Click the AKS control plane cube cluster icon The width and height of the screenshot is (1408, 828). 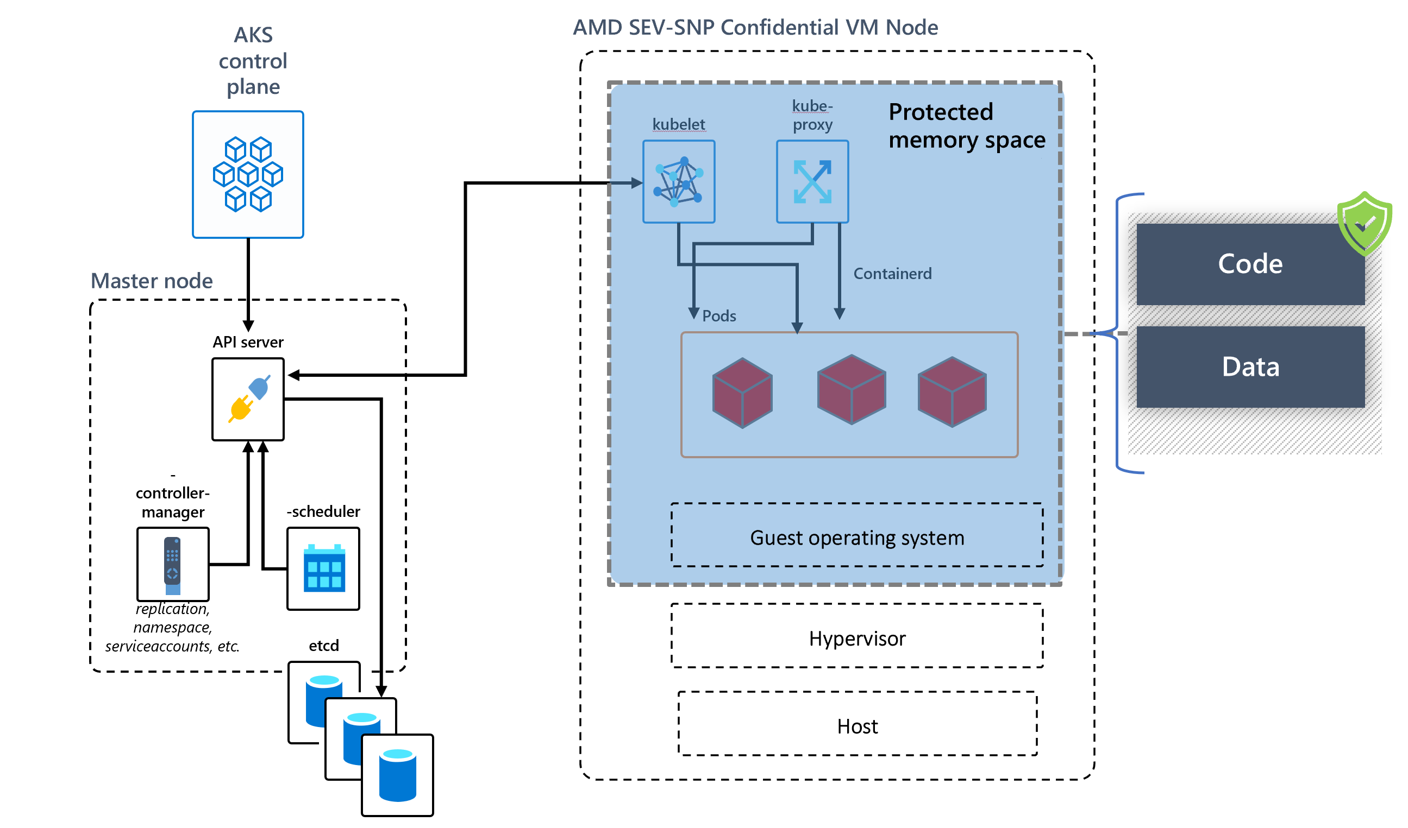(x=248, y=174)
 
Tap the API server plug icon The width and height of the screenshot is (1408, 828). (x=249, y=399)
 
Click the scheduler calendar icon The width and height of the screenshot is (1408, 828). (x=324, y=568)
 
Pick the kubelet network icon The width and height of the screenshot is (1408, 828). (x=679, y=182)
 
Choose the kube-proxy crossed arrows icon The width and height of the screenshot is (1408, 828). (x=813, y=182)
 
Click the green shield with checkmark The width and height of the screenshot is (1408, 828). (x=1364, y=223)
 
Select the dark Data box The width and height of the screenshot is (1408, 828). (x=1250, y=368)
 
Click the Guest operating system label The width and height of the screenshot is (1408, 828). (x=857, y=538)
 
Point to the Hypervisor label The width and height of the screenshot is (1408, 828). (x=857, y=638)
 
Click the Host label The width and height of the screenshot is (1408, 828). (x=857, y=726)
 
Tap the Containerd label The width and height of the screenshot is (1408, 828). (x=892, y=274)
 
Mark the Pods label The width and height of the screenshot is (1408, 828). (x=719, y=316)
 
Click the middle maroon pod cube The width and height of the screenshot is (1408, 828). (x=852, y=390)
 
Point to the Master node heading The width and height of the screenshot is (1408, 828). (x=152, y=281)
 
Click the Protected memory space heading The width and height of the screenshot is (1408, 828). (x=967, y=126)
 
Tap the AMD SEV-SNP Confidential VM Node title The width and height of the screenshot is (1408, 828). (x=755, y=27)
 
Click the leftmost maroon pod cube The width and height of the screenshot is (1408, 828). (x=742, y=393)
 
